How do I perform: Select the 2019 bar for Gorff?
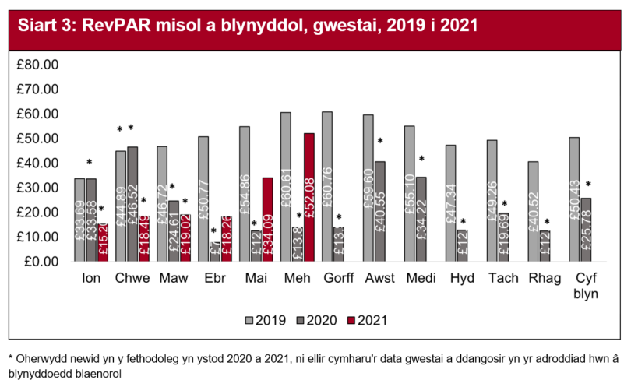point(327,186)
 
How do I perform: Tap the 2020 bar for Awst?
point(380,211)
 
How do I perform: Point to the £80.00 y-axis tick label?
point(37,64)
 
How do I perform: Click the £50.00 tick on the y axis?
point(37,138)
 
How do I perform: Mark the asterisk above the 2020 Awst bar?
point(380,142)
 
